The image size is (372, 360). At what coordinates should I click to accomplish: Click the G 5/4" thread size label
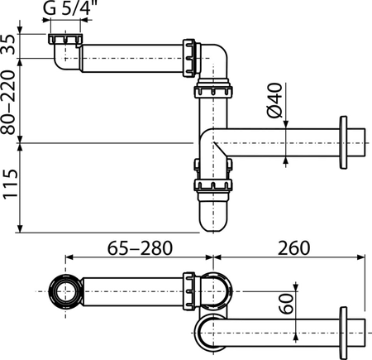pos(67,8)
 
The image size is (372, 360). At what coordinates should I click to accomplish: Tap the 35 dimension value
pos(9,45)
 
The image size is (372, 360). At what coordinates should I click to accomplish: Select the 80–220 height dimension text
pos(8,103)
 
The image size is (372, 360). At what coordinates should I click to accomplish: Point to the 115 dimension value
pos(10,185)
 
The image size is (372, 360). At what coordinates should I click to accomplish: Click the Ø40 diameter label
pos(275,100)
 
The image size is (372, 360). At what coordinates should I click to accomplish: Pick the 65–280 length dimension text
pos(140,248)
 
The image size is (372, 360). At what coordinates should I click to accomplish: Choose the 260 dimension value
pos(293,248)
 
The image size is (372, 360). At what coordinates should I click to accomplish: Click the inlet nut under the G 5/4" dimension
pos(65,39)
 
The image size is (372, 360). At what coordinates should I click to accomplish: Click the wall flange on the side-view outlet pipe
pos(343,142)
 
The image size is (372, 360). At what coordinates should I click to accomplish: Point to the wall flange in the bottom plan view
pos(343,333)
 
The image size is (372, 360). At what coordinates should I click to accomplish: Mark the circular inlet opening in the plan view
pos(65,291)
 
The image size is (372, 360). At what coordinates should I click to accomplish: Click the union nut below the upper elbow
pos(213,92)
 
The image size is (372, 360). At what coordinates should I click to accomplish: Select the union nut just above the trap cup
pos(213,185)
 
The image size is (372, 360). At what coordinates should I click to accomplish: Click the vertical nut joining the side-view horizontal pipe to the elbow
pos(189,58)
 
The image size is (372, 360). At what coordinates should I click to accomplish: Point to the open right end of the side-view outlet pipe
pos(365,142)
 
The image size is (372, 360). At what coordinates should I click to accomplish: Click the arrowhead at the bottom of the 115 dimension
pos(20,228)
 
